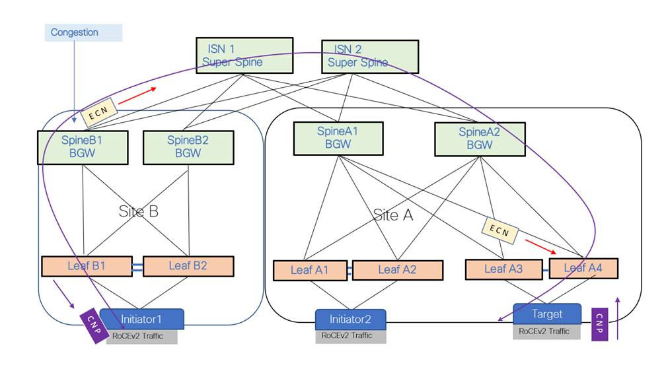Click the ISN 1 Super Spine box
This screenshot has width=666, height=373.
pyautogui.click(x=244, y=55)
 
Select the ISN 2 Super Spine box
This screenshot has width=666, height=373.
pyautogui.click(x=369, y=56)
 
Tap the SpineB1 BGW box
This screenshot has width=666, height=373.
pyautogui.click(x=82, y=147)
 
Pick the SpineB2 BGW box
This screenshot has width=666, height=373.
pyautogui.click(x=188, y=147)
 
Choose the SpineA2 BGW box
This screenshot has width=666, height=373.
pyautogui.click(x=479, y=139)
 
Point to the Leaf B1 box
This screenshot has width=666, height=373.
pyautogui.click(x=86, y=266)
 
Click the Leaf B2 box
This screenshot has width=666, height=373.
pyautogui.click(x=188, y=266)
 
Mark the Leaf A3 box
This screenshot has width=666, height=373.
pyautogui.click(x=503, y=269)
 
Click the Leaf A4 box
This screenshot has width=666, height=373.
pyautogui.click(x=583, y=268)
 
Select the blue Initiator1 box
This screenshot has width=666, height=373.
pyautogui.click(x=143, y=319)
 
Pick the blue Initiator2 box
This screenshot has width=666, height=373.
pyautogui.click(x=350, y=320)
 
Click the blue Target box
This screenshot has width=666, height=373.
pyautogui.click(x=546, y=314)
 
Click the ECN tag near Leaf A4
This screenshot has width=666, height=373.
pyautogui.click(x=499, y=230)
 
